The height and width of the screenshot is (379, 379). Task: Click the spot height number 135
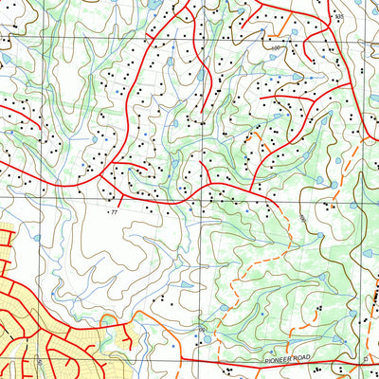coord(339,18)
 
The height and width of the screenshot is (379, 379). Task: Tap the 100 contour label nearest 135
coord(277,46)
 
